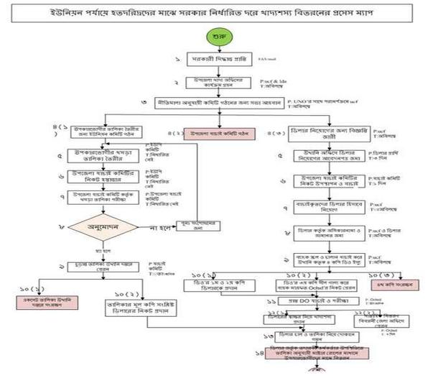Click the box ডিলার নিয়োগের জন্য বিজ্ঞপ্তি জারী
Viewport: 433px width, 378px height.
[319, 132]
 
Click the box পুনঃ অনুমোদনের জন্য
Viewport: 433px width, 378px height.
[191, 224]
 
